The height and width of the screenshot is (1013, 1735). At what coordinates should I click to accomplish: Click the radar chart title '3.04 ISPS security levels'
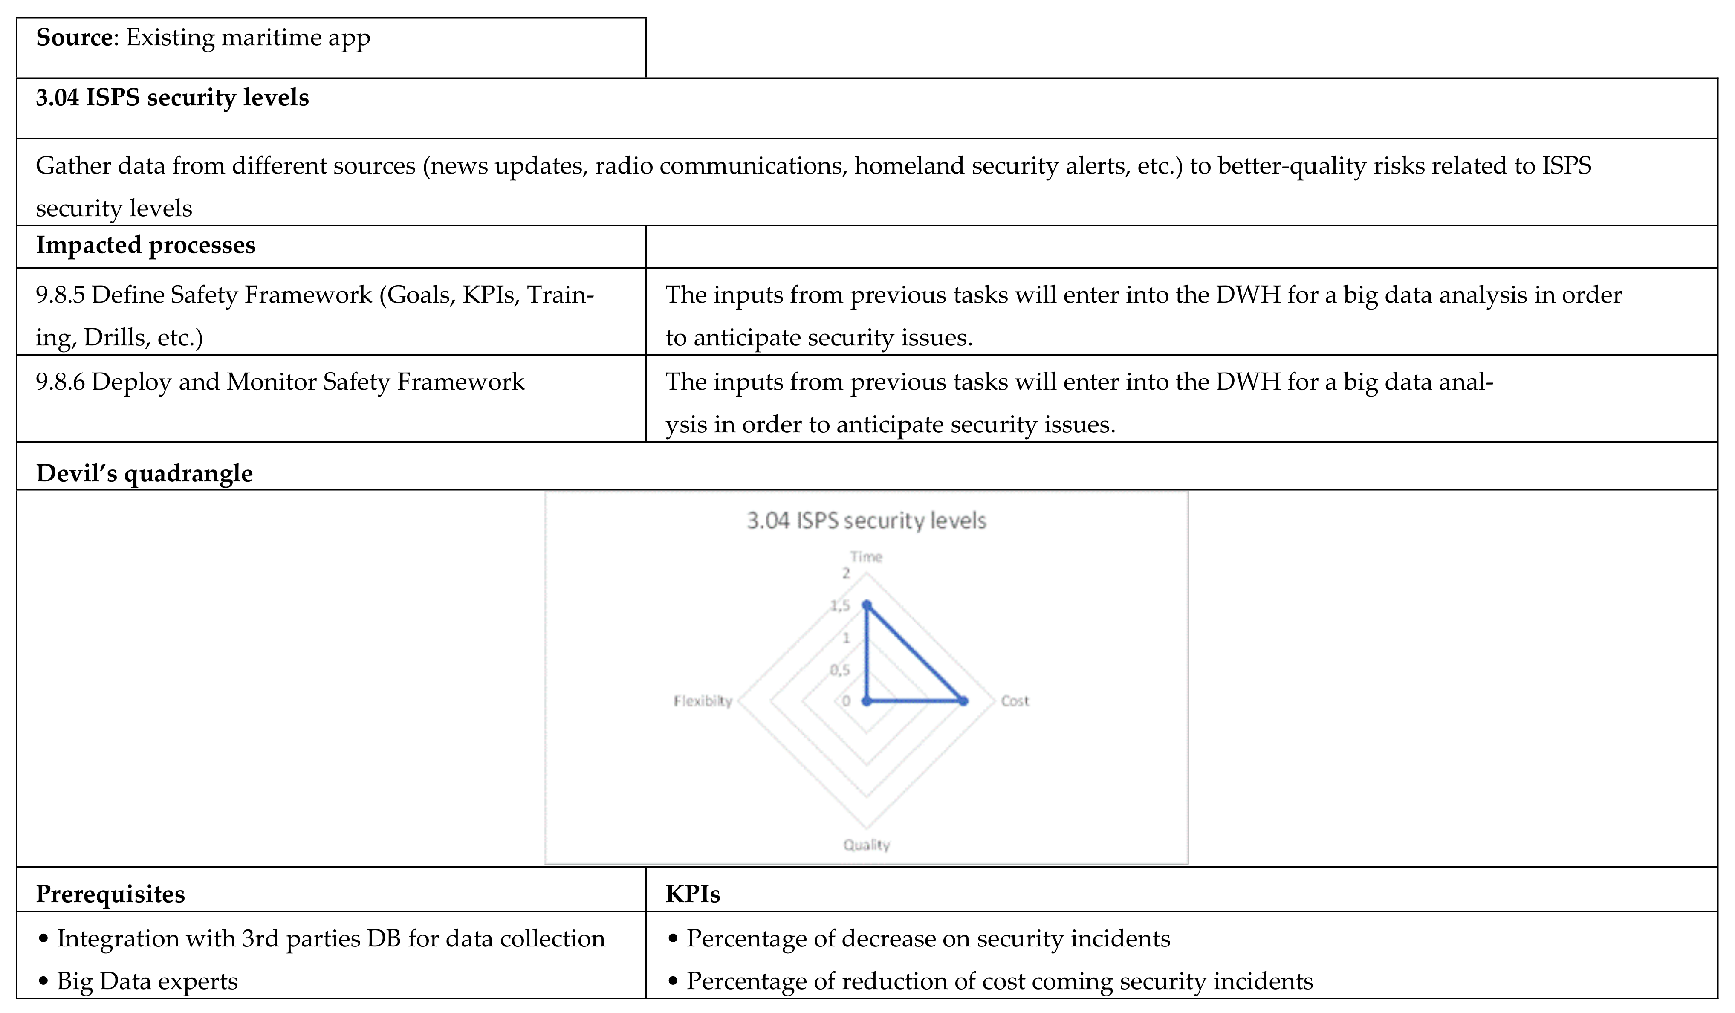(x=866, y=521)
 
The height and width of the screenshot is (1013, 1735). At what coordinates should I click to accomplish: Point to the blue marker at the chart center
(x=867, y=701)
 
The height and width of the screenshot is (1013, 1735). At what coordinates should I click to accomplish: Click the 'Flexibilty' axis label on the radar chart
(x=702, y=701)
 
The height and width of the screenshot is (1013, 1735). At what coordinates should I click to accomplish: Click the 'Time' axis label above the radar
(x=866, y=556)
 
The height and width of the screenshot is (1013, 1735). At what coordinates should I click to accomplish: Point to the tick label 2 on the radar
(x=846, y=573)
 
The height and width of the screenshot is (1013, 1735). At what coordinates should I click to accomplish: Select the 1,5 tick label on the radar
(x=840, y=605)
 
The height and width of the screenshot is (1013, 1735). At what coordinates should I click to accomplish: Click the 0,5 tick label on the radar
(x=840, y=669)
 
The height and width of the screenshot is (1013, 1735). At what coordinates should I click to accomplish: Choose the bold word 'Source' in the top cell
(x=74, y=37)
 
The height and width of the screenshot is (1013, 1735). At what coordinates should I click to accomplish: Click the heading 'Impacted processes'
(x=145, y=245)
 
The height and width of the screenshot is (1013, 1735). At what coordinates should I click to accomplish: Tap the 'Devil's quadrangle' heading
(x=144, y=473)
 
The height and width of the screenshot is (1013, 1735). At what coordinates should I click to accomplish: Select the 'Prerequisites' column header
(x=110, y=894)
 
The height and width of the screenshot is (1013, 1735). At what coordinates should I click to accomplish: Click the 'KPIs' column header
(x=693, y=894)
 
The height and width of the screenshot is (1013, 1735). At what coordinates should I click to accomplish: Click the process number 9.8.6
(x=61, y=382)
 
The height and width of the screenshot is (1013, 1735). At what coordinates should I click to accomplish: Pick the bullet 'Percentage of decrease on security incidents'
(x=928, y=939)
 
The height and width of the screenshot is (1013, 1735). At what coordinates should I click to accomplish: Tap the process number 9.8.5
(x=61, y=295)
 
